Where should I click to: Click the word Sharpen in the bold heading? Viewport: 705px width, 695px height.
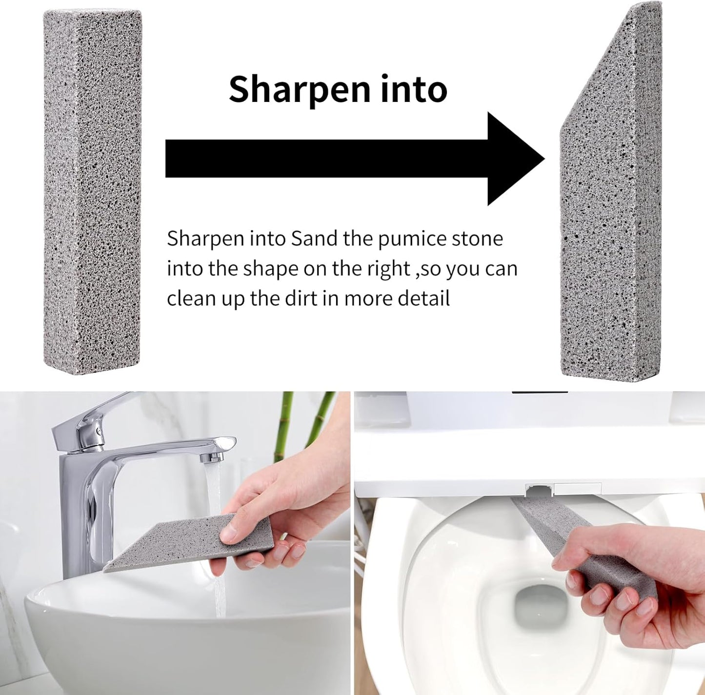[298, 89]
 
